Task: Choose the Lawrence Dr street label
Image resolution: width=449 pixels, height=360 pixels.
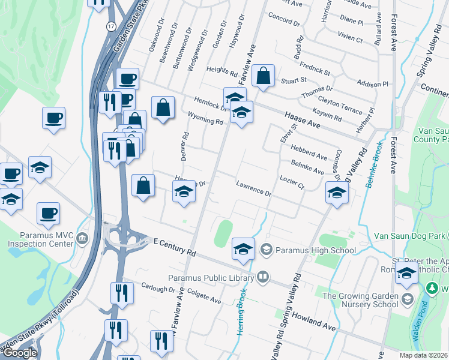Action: point(254,190)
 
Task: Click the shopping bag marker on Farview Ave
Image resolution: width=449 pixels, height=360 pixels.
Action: point(263,76)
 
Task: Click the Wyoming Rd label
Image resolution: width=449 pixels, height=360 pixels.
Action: point(205,118)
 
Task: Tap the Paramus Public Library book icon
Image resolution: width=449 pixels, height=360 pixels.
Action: point(263,277)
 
